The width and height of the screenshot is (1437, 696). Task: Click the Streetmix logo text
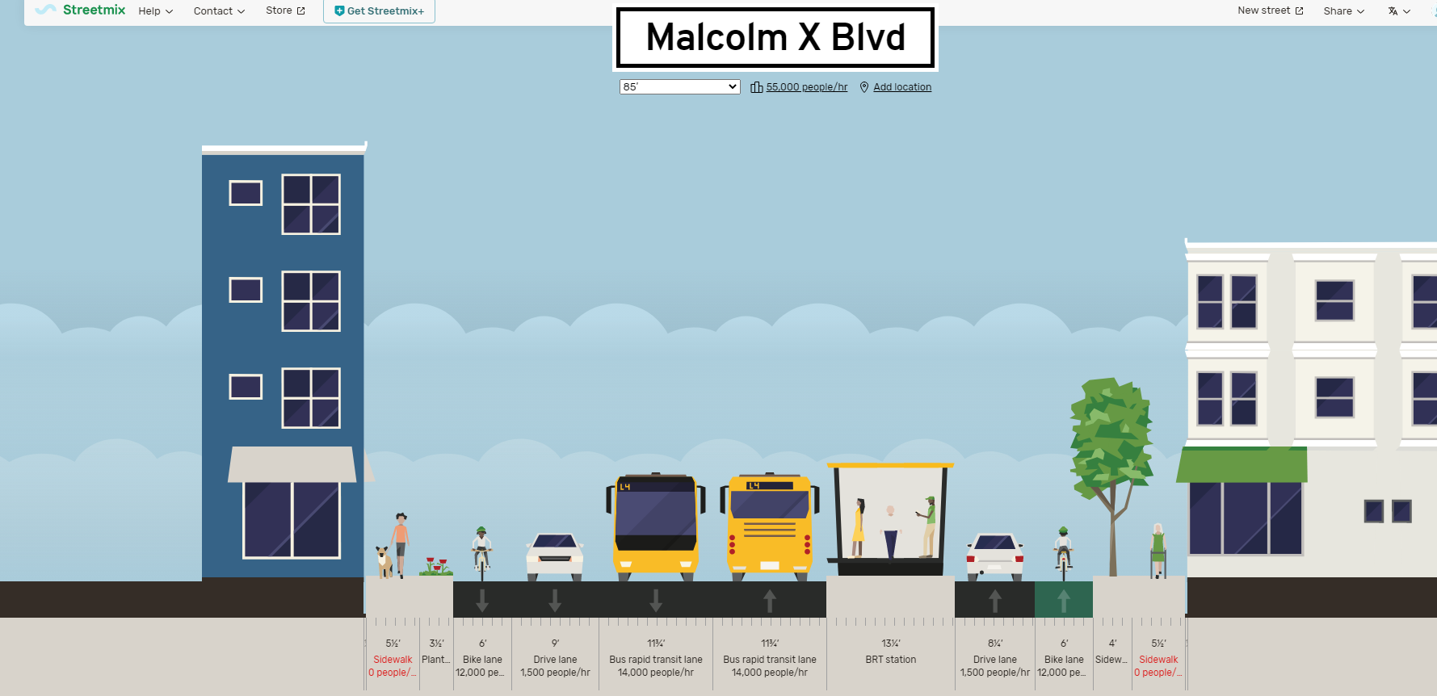94,10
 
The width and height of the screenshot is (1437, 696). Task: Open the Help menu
155,11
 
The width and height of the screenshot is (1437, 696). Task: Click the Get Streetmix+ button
379,11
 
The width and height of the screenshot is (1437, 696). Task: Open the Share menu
1343,11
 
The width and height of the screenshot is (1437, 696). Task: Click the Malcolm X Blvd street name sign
775,38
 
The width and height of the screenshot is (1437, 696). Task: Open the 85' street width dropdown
679,86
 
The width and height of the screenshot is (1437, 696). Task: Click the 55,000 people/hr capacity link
806,87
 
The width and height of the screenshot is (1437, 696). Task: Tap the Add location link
901,87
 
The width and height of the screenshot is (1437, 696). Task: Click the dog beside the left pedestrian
384,560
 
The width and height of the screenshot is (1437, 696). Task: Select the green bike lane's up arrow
1064,601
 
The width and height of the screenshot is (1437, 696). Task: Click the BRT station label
890,660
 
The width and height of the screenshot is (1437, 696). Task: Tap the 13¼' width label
890,644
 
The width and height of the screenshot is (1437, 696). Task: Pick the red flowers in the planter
436,564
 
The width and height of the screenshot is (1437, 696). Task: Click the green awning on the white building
1242,465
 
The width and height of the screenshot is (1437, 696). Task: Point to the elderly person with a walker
1158,549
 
